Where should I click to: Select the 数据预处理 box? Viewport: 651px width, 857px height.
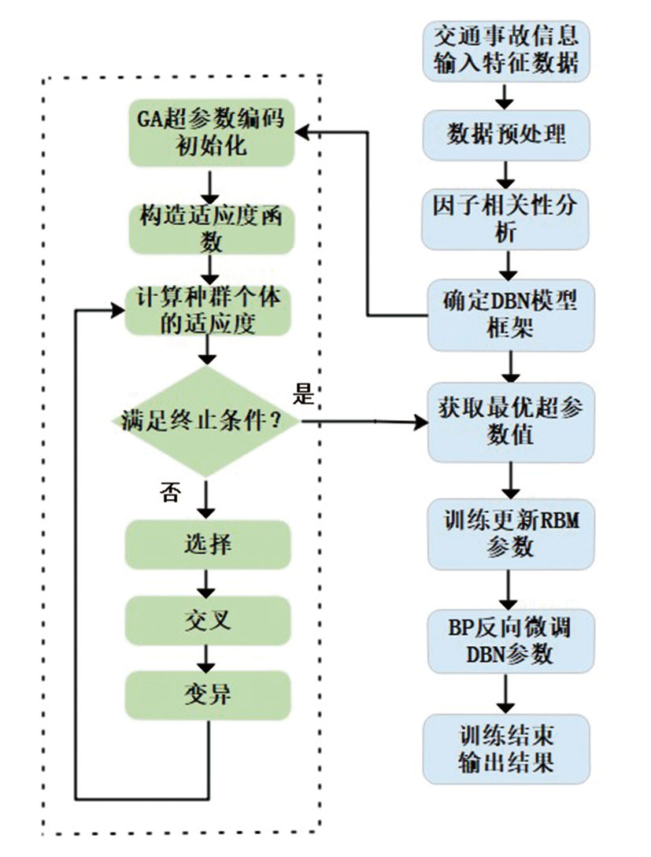[x=506, y=133]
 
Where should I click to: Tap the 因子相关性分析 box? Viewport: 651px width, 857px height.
[x=506, y=218]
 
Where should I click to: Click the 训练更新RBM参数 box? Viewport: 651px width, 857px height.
[x=510, y=532]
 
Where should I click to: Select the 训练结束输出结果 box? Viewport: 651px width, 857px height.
[x=506, y=748]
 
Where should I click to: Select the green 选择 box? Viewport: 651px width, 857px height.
[x=208, y=542]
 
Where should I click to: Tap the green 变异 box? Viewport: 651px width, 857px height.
[x=208, y=693]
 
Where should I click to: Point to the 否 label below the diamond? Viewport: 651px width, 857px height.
[x=170, y=493]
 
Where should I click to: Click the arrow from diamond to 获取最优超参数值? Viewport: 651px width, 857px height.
[x=362, y=423]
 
